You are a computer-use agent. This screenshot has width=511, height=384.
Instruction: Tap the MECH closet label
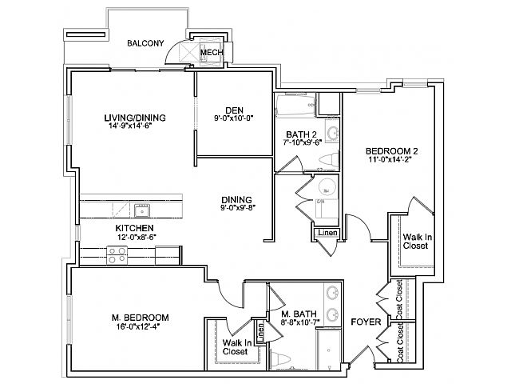pyautogui.click(x=211, y=53)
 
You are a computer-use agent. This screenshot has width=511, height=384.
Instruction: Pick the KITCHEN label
pyautogui.click(x=129, y=228)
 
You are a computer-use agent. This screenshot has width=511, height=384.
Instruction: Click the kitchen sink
pyautogui.click(x=142, y=211)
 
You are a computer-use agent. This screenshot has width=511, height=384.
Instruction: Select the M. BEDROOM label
pyautogui.click(x=140, y=318)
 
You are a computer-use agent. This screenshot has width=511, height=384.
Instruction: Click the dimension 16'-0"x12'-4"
pyautogui.click(x=140, y=327)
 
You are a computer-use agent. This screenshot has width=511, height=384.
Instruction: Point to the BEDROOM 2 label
pyautogui.click(x=392, y=150)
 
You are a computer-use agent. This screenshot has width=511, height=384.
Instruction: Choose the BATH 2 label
pyautogui.click(x=303, y=134)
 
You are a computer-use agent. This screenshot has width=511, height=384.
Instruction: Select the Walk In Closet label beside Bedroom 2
pyautogui.click(x=415, y=241)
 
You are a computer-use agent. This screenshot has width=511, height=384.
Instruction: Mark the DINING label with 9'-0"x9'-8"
pyautogui.click(x=237, y=199)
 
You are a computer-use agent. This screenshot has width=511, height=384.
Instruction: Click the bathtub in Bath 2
pyautogui.click(x=295, y=105)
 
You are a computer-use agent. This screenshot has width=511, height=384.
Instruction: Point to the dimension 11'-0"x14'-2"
pyautogui.click(x=392, y=160)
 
